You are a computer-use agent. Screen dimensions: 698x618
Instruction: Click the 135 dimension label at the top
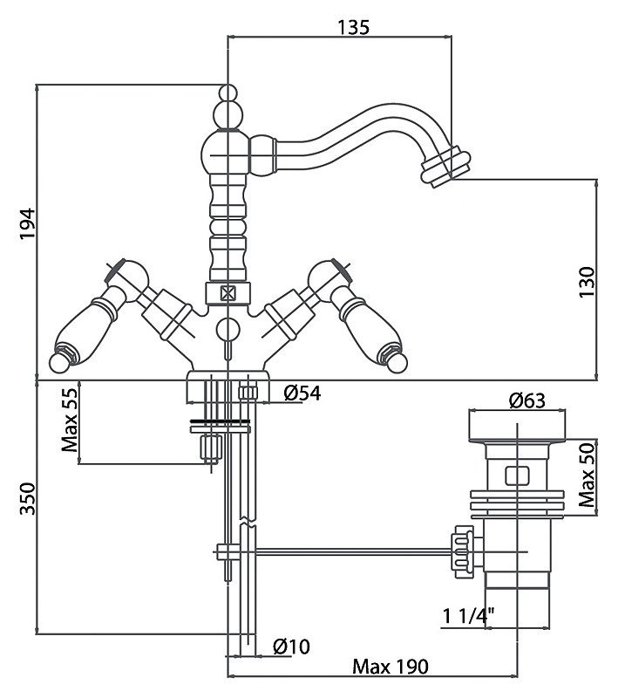352,26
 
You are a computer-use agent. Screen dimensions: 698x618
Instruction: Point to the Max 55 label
70,421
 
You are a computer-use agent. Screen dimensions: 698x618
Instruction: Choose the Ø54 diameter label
302,393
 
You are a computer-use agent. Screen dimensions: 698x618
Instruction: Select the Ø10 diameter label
292,646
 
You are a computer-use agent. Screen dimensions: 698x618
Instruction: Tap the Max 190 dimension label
390,667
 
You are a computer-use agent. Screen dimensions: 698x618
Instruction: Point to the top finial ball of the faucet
228,92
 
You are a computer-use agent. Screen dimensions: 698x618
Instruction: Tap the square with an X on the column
228,293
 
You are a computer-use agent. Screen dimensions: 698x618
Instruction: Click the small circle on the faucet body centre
227,329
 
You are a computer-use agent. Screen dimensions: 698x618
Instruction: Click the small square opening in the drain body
514,476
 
